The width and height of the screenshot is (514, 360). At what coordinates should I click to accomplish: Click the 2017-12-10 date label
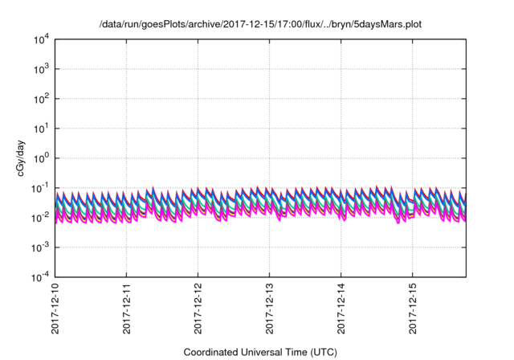(x=55, y=309)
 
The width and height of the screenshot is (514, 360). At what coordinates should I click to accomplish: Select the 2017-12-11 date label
(x=127, y=309)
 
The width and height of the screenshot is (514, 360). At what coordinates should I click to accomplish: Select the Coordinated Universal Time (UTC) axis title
(x=260, y=352)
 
